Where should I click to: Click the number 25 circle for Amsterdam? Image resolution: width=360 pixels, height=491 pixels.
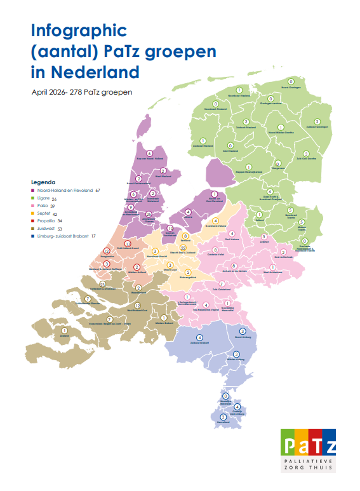tap(149, 215)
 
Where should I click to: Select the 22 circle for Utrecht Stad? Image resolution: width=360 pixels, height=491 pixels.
tap(183, 248)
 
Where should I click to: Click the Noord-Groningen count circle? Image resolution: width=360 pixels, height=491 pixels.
tap(291, 82)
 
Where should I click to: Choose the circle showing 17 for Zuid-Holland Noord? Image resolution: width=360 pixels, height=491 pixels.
tap(128, 244)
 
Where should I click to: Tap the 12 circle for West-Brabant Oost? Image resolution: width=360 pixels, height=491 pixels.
tap(137, 306)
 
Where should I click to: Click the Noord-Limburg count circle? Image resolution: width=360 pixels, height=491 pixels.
tap(243, 332)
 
